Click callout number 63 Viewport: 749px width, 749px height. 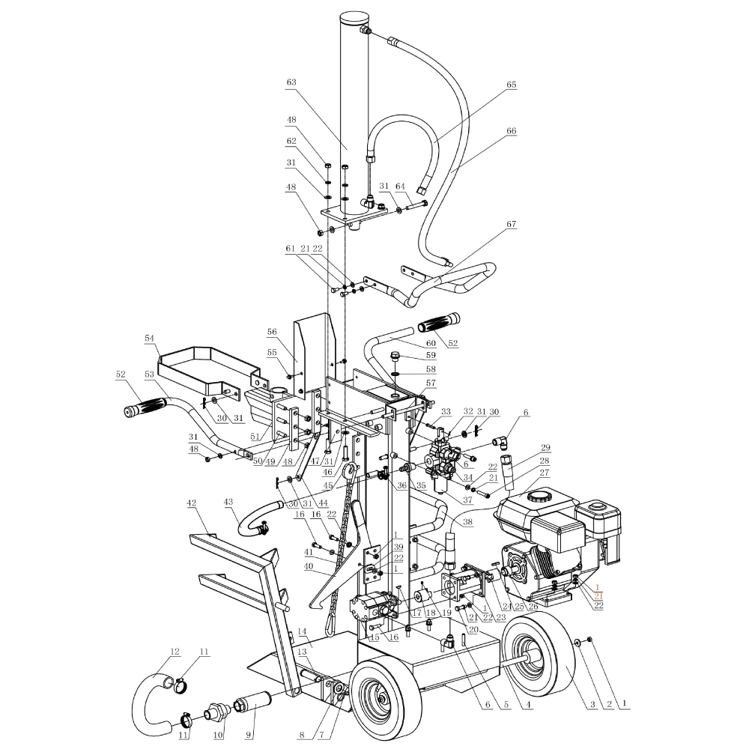click(291, 82)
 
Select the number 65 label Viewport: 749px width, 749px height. click(511, 85)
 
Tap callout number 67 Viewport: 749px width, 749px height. click(511, 224)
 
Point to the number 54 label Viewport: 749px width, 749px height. click(150, 339)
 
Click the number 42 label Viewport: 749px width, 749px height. click(192, 503)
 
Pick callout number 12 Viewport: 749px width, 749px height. click(175, 652)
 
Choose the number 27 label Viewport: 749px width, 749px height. click(544, 473)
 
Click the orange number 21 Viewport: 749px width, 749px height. click(598, 596)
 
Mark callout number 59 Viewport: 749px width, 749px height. click(431, 355)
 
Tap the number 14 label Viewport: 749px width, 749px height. click(302, 631)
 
